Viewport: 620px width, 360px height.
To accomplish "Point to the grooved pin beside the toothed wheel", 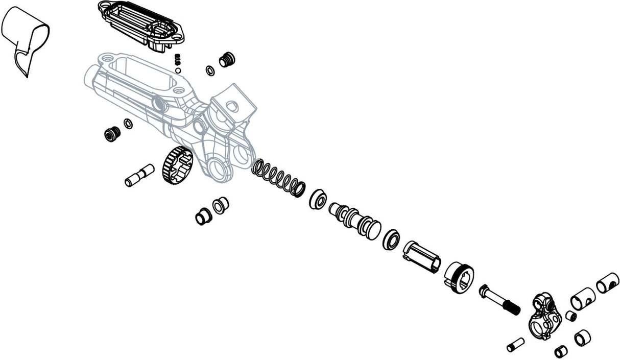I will tap(139, 175).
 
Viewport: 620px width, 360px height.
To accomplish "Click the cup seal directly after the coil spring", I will tap(318, 199).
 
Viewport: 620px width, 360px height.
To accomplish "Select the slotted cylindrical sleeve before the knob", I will tap(421, 256).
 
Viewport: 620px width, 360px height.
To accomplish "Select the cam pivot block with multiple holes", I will tap(543, 316).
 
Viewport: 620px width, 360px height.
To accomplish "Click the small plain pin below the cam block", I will tap(515, 345).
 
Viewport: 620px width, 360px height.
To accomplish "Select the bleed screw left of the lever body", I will tap(112, 134).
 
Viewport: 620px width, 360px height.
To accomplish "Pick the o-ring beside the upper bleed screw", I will tap(210, 70).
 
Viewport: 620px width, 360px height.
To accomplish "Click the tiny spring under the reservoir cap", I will tap(178, 59).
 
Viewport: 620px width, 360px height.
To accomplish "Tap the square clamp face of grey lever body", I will tap(233, 107).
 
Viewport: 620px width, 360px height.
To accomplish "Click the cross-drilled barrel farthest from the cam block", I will tap(607, 283).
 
